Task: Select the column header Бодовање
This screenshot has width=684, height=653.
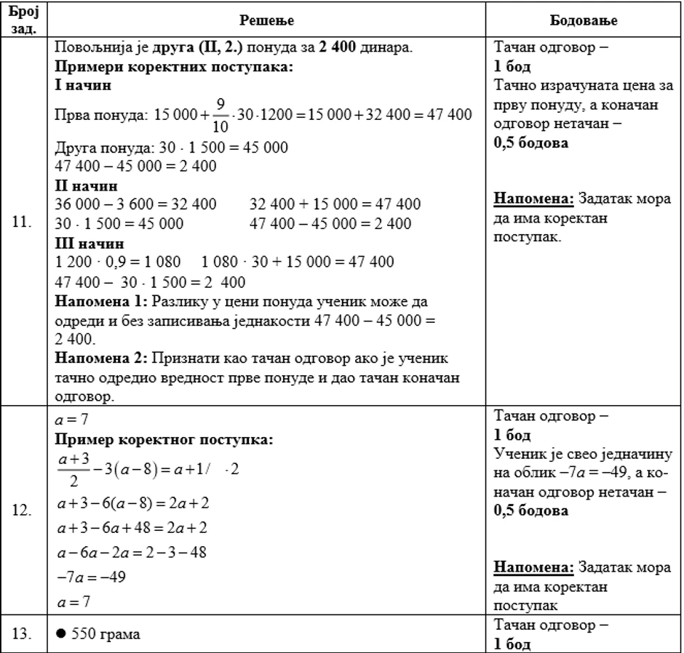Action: click(x=584, y=20)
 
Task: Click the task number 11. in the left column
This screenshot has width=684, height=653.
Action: click(x=23, y=223)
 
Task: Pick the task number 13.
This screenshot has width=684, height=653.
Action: click(x=23, y=634)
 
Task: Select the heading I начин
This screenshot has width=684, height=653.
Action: click(x=83, y=85)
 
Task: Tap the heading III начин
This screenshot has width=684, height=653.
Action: click(x=90, y=244)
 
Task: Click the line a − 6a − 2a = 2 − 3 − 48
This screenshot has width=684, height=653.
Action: click(x=131, y=553)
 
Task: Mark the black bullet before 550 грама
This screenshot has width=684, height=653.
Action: click(x=61, y=634)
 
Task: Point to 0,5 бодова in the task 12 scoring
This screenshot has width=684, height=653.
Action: click(x=531, y=510)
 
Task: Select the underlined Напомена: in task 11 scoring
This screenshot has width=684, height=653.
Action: click(x=534, y=199)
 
